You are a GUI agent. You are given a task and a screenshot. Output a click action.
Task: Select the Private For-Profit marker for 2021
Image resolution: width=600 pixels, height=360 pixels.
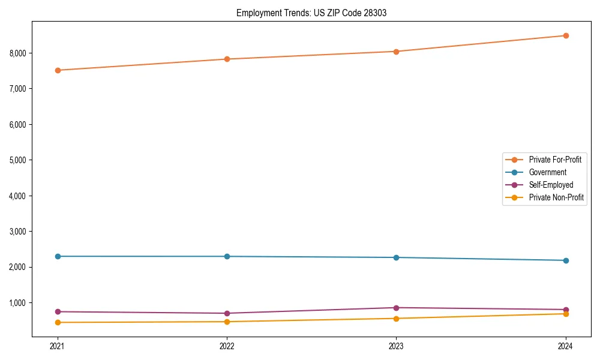[58, 70]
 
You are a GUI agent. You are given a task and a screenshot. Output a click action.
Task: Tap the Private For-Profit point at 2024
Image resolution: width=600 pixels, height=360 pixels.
[566, 35]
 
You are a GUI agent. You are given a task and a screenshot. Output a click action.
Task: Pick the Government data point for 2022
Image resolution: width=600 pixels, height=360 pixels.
[227, 256]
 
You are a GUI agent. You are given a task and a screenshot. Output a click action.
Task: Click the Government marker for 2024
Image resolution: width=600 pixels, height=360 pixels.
[566, 260]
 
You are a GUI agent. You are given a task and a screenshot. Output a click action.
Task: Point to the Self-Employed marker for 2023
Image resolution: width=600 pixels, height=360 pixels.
[396, 308]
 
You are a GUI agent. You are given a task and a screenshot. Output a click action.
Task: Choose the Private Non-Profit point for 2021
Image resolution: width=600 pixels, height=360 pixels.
[58, 322]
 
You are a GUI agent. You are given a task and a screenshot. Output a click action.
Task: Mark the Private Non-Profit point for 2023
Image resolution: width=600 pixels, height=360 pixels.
[396, 318]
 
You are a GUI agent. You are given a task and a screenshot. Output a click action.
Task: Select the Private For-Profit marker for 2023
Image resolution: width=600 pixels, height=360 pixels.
[396, 52]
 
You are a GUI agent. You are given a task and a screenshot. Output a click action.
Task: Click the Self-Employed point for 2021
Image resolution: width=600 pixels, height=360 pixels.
[58, 311]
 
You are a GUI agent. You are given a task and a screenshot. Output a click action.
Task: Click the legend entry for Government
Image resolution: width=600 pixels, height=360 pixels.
[547, 172]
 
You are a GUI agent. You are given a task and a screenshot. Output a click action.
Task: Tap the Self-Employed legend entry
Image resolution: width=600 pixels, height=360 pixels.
[551, 185]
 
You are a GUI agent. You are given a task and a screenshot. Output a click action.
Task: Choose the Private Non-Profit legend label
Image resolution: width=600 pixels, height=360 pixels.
[556, 197]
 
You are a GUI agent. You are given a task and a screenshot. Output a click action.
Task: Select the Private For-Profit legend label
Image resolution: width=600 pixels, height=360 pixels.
[555, 160]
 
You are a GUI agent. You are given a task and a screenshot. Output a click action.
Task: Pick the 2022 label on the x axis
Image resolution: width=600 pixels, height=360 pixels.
[227, 346]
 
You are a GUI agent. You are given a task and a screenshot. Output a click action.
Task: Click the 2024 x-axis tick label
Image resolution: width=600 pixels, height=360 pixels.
[566, 346]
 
